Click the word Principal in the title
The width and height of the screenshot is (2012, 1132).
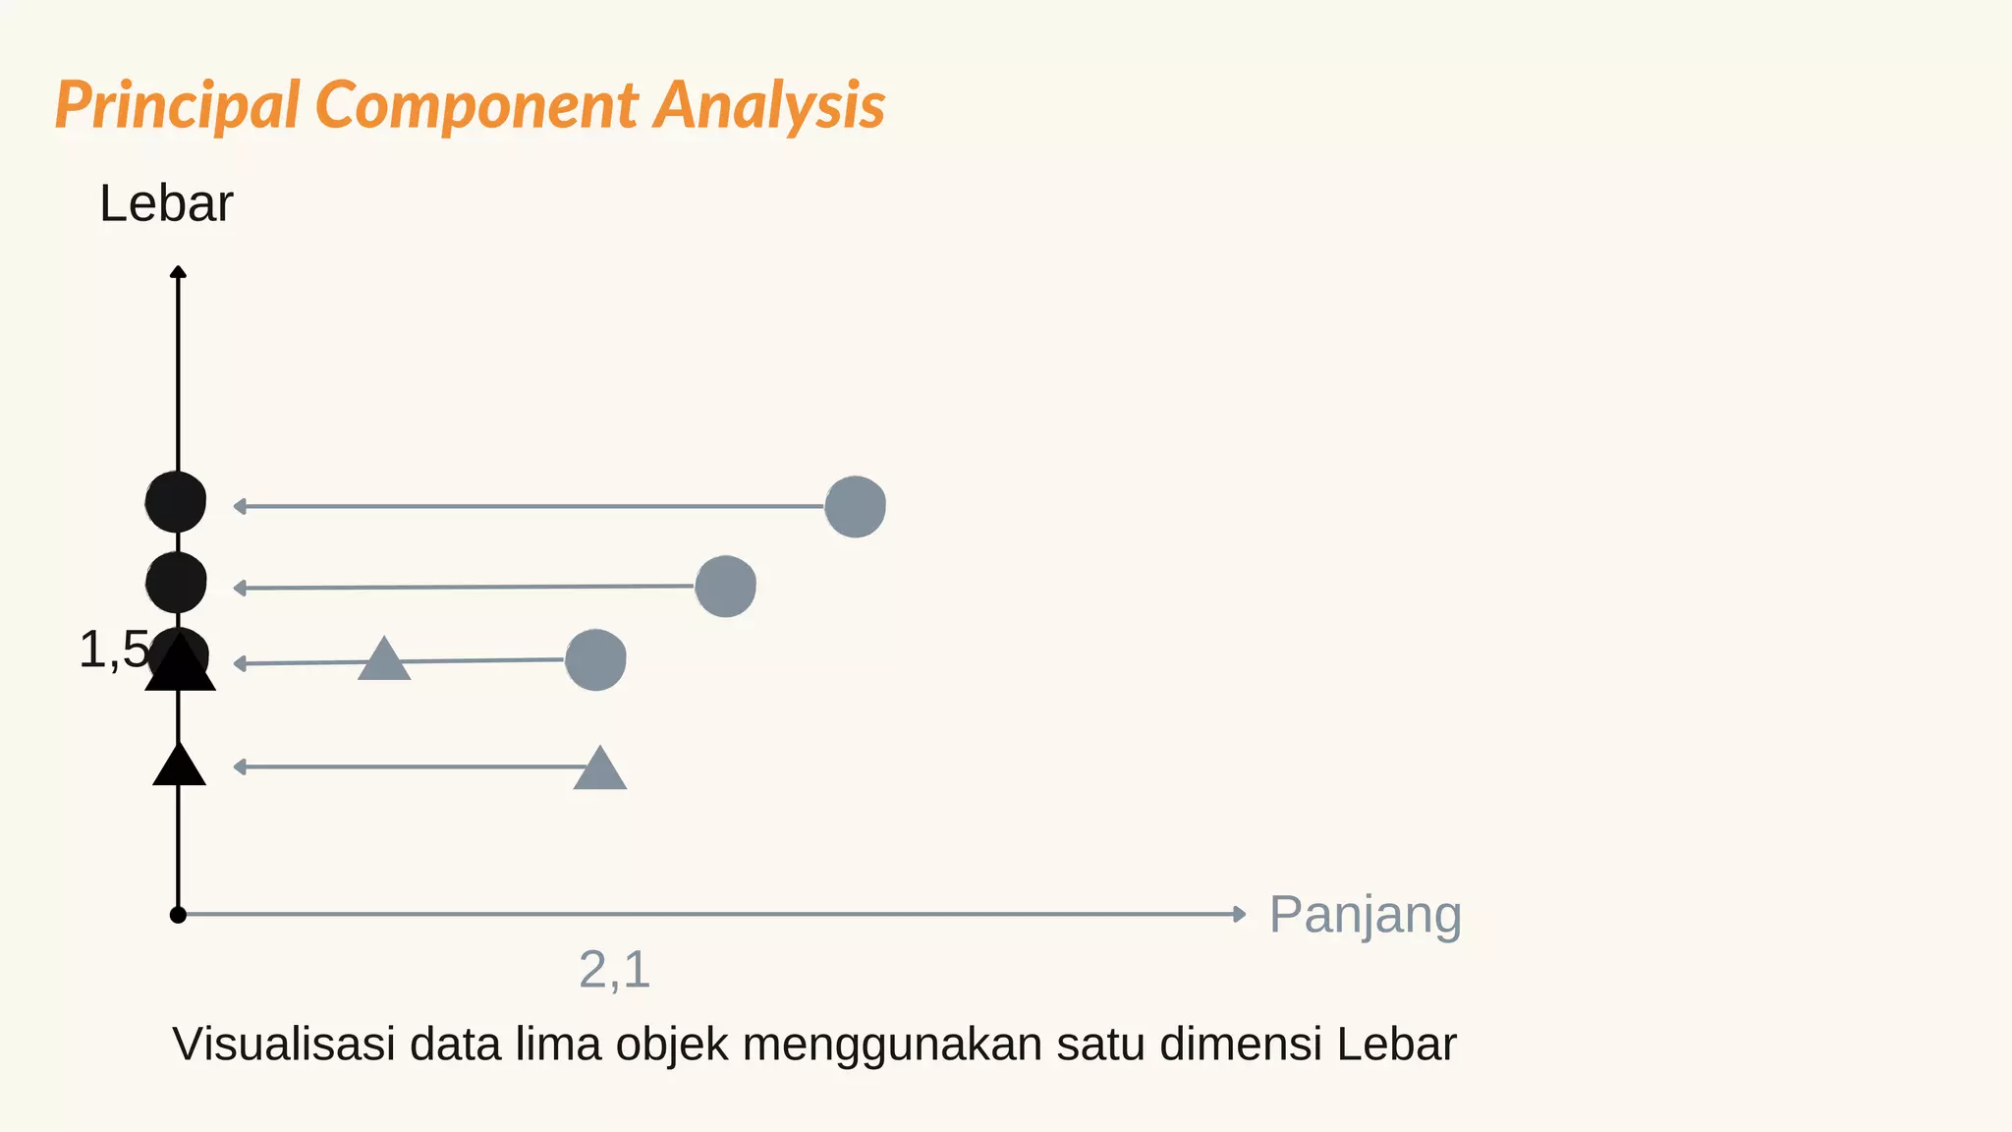[x=177, y=105]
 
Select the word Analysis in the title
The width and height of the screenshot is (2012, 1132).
[x=769, y=105]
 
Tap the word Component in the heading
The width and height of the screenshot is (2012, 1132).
[x=476, y=105]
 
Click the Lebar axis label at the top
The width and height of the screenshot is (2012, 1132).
[x=166, y=204]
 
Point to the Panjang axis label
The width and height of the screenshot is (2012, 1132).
[x=1365, y=915]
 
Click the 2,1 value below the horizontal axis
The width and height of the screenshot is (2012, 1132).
[x=614, y=970]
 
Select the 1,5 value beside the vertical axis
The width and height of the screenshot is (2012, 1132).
[x=113, y=651]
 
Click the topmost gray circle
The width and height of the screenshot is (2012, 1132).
[x=855, y=507]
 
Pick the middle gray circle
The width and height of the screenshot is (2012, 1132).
[x=725, y=587]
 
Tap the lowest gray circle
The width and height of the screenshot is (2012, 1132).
[x=595, y=659]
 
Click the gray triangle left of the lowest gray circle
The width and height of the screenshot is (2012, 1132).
[x=383, y=660]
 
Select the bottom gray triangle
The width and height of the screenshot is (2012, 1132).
[x=599, y=769]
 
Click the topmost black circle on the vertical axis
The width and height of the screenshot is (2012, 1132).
[x=176, y=501]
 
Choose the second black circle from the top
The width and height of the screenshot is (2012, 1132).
[x=176, y=582]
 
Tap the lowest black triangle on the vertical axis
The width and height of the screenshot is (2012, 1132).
[x=179, y=766]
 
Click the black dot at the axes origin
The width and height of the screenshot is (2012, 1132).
[x=178, y=915]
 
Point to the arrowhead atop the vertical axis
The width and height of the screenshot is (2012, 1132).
[x=178, y=271]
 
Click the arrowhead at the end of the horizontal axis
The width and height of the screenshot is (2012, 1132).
[x=1240, y=914]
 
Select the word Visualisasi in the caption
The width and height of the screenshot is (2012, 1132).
[x=284, y=1044]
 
